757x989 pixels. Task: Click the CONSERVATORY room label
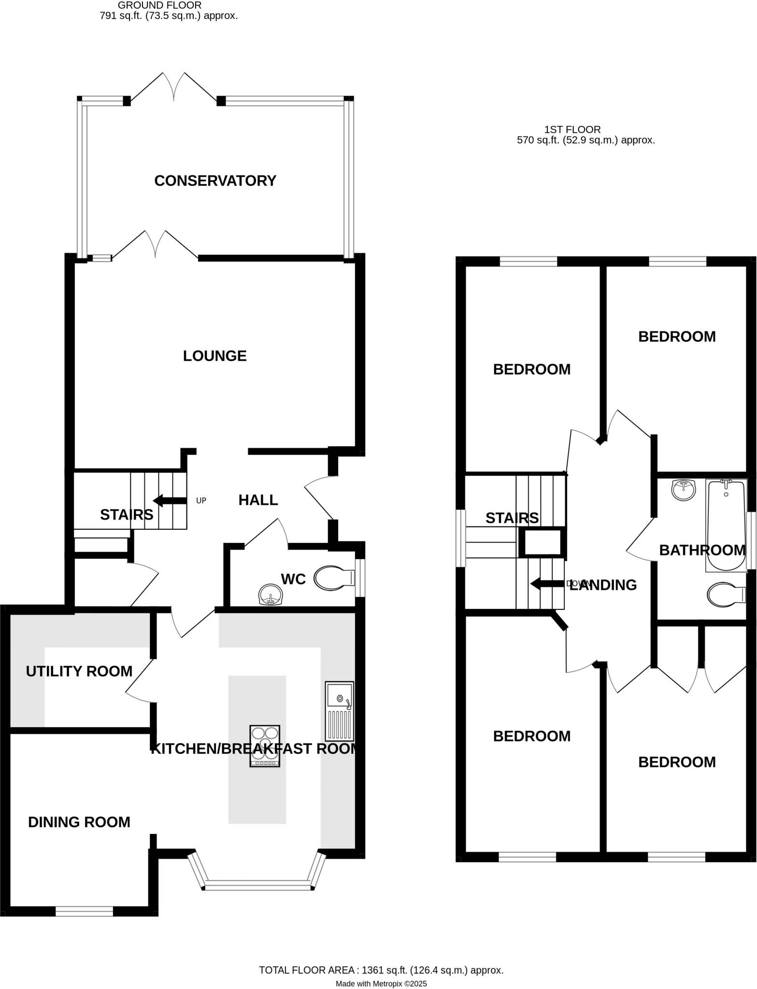[215, 181]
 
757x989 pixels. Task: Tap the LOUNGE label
[214, 356]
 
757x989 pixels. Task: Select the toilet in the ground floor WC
[334, 578]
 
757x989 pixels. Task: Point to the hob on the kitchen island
[265, 746]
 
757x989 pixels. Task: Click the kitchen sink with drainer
[339, 711]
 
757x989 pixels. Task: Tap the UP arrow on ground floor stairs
[169, 500]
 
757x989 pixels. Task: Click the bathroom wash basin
[683, 490]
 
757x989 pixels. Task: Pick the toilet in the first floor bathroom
[726, 594]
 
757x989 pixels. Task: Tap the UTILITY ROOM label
[79, 671]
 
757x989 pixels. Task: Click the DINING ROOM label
[79, 822]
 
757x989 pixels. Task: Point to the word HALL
[258, 500]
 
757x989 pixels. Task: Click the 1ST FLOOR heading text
[572, 129]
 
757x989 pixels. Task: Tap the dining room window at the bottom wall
[84, 911]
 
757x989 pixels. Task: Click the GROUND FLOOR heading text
[159, 5]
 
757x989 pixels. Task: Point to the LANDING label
[603, 585]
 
